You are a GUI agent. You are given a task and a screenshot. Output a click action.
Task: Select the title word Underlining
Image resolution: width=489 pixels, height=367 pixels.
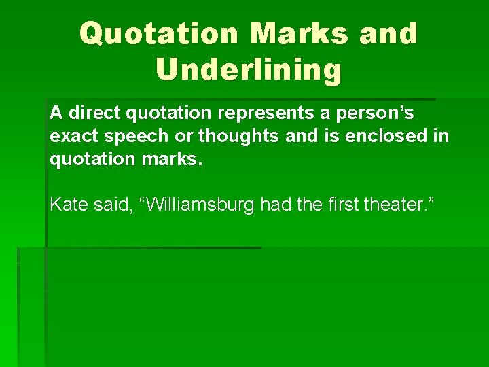click(249, 69)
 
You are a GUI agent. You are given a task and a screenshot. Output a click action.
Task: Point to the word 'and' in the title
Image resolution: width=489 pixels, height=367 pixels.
click(388, 34)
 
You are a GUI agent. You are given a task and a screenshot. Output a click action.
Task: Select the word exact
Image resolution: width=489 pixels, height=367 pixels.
click(74, 136)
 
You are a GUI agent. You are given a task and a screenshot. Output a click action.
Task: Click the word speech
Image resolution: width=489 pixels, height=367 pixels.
click(136, 136)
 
